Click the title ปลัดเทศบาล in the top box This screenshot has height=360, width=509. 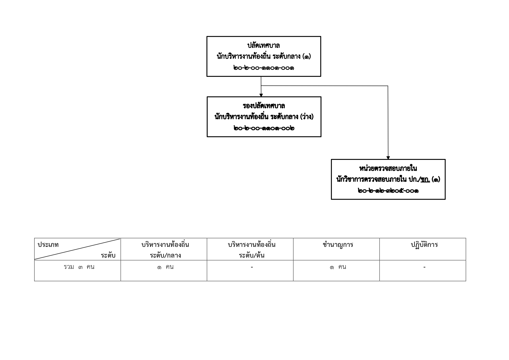point(263,46)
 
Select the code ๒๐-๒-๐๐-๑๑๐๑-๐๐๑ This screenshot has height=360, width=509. point(263,68)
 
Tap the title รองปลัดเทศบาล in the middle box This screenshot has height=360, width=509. point(264,106)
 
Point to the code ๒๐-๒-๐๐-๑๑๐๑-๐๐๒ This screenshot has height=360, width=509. point(264,128)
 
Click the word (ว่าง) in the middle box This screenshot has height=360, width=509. point(307,117)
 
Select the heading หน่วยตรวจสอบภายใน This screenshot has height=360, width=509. point(388,168)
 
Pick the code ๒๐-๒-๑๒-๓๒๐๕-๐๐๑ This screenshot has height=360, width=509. point(388,191)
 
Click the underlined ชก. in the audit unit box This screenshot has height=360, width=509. point(425,180)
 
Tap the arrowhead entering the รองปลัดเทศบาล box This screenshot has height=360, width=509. point(261,95)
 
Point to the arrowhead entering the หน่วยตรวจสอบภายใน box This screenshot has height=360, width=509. point(388,158)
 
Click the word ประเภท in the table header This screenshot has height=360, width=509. point(48,245)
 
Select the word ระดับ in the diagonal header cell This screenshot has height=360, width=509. point(108,256)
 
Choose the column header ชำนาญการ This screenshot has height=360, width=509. point(338,245)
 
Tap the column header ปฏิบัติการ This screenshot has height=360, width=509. point(424,245)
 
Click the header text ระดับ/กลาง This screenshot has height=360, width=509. point(165,256)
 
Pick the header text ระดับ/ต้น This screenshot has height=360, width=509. point(251,256)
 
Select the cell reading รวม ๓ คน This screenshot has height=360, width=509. point(79,267)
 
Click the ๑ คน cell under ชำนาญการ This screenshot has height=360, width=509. point(338,267)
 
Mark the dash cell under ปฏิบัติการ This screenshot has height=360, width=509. point(424,267)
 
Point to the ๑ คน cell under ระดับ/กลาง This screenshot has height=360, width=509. point(165,267)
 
